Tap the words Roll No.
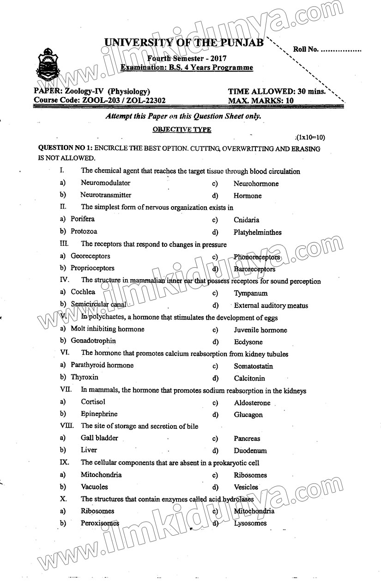(305, 49)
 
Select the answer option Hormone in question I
(248, 196)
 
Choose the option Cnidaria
(246, 220)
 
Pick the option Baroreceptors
(254, 269)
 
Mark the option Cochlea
(83, 292)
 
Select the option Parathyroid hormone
(102, 365)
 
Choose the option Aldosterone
(252, 403)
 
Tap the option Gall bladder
(99, 438)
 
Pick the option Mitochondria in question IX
(101, 475)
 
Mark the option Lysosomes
(250, 523)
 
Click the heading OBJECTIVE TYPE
(182, 130)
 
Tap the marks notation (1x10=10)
(311, 137)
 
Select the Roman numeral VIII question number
(67, 426)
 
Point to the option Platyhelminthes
(257, 232)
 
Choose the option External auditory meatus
(271, 306)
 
